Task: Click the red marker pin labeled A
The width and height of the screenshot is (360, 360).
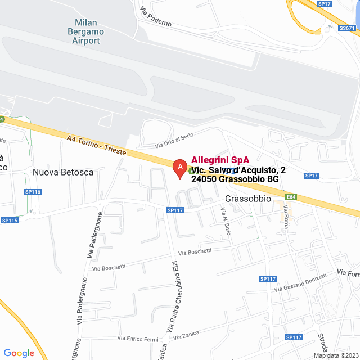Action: [x=179, y=168]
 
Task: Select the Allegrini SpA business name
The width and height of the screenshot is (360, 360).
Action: [x=220, y=160]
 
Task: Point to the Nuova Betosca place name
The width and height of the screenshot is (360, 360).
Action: [x=63, y=172]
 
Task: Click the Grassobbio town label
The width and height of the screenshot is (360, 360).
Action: [x=248, y=199]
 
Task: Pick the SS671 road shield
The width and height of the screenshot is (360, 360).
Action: [x=348, y=28]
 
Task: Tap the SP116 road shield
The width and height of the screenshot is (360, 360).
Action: [x=33, y=192]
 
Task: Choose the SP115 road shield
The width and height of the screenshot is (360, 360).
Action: [x=10, y=220]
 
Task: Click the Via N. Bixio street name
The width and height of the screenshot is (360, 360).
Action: [x=226, y=221]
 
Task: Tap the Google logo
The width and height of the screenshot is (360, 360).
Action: [x=19, y=353]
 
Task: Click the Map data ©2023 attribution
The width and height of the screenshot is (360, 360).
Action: [x=335, y=355]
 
